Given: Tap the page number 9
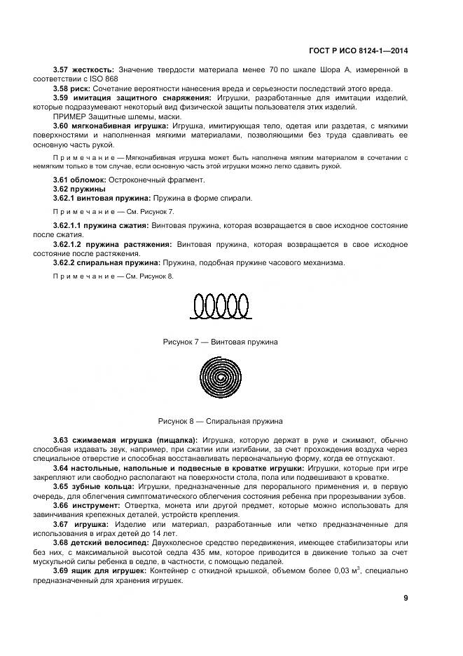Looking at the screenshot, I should [x=406, y=598].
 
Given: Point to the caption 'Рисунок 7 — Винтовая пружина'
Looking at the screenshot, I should [x=220, y=342].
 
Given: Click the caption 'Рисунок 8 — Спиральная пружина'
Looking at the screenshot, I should [x=220, y=421].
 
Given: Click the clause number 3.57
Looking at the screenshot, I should [x=63, y=70].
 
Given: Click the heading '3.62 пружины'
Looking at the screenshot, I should [x=79, y=189].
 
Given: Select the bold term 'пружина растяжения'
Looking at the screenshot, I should [x=134, y=243].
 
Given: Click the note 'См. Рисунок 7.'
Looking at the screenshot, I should [x=144, y=210].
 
